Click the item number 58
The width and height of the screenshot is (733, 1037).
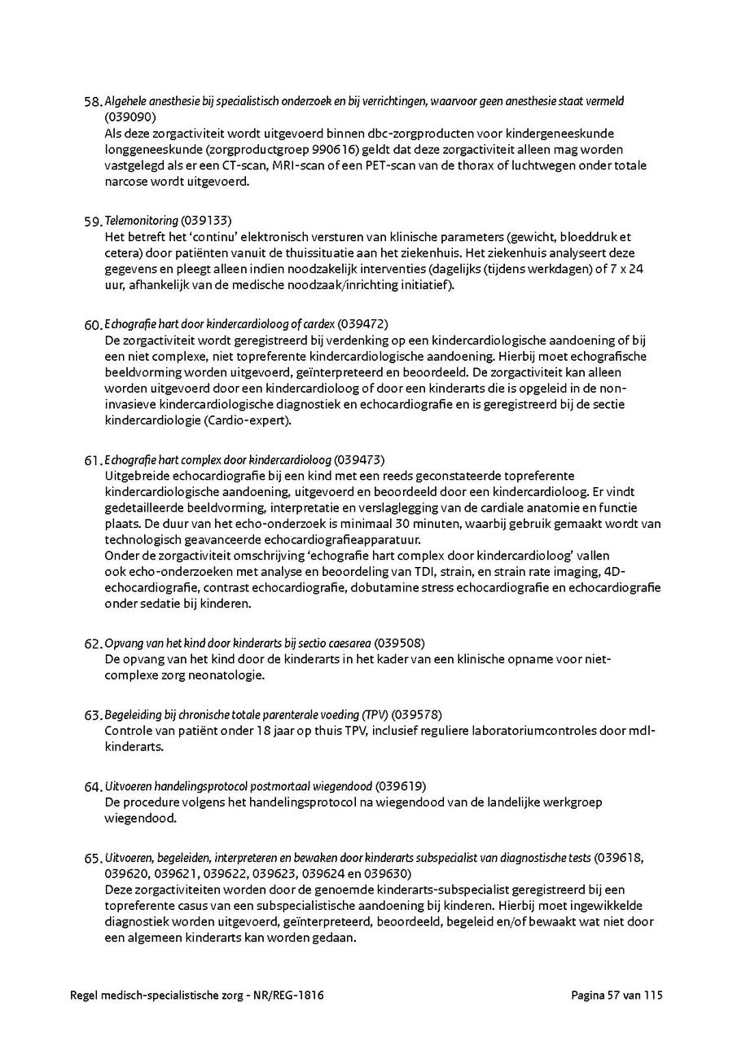pyautogui.click(x=92, y=103)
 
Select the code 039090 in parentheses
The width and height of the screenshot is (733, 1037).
pyautogui.click(x=125, y=117)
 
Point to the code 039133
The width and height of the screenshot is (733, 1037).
pyautogui.click(x=207, y=221)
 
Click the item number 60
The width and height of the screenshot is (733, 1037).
pyautogui.click(x=92, y=325)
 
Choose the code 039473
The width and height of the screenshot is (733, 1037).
pyautogui.click(x=359, y=460)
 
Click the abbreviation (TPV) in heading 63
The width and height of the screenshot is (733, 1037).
pyautogui.click(x=376, y=715)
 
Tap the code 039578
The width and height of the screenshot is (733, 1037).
pyautogui.click(x=419, y=715)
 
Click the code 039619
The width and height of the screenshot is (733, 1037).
pyautogui.click(x=400, y=787)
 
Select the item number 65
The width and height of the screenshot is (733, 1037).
pyautogui.click(x=92, y=859)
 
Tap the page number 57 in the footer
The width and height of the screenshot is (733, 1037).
pyautogui.click(x=616, y=995)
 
